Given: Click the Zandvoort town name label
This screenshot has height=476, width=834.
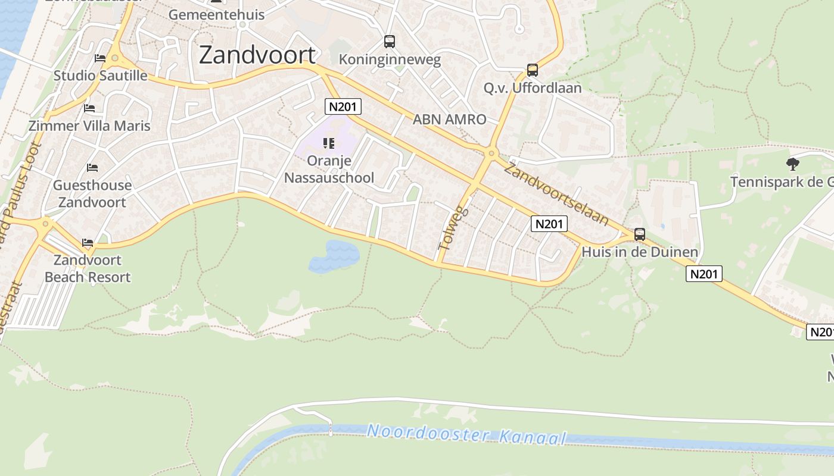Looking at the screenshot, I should click(257, 55).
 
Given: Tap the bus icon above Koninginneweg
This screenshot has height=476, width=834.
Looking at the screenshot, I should click(390, 42).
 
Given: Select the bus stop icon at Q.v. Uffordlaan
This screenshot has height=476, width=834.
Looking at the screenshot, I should click(533, 70).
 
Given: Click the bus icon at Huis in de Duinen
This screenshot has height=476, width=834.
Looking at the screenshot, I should click(640, 234).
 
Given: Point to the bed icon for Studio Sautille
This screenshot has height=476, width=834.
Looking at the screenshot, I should click(100, 58).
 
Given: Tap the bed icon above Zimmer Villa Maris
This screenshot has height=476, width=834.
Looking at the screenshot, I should click(89, 108).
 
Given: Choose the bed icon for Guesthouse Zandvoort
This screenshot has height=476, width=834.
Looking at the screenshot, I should click(92, 168).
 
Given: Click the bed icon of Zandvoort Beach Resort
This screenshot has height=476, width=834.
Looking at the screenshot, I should click(88, 243).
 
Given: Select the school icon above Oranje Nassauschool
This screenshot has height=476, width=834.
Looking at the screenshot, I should click(328, 143).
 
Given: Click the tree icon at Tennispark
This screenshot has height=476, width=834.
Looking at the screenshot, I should click(792, 164).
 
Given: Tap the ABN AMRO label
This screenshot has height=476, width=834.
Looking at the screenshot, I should click(450, 119).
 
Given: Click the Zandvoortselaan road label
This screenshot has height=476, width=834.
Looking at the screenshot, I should click(556, 193).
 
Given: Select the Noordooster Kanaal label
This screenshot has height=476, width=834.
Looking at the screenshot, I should click(466, 434).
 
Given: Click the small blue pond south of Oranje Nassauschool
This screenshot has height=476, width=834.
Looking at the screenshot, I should click(334, 256).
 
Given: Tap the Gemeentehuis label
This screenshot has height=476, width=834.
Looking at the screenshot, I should click(216, 14).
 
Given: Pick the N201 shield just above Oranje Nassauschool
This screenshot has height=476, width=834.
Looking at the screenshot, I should click(343, 107).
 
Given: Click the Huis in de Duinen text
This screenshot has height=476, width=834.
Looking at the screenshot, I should click(640, 252).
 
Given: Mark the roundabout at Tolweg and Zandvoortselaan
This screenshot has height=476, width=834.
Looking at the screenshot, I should click(491, 154).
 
